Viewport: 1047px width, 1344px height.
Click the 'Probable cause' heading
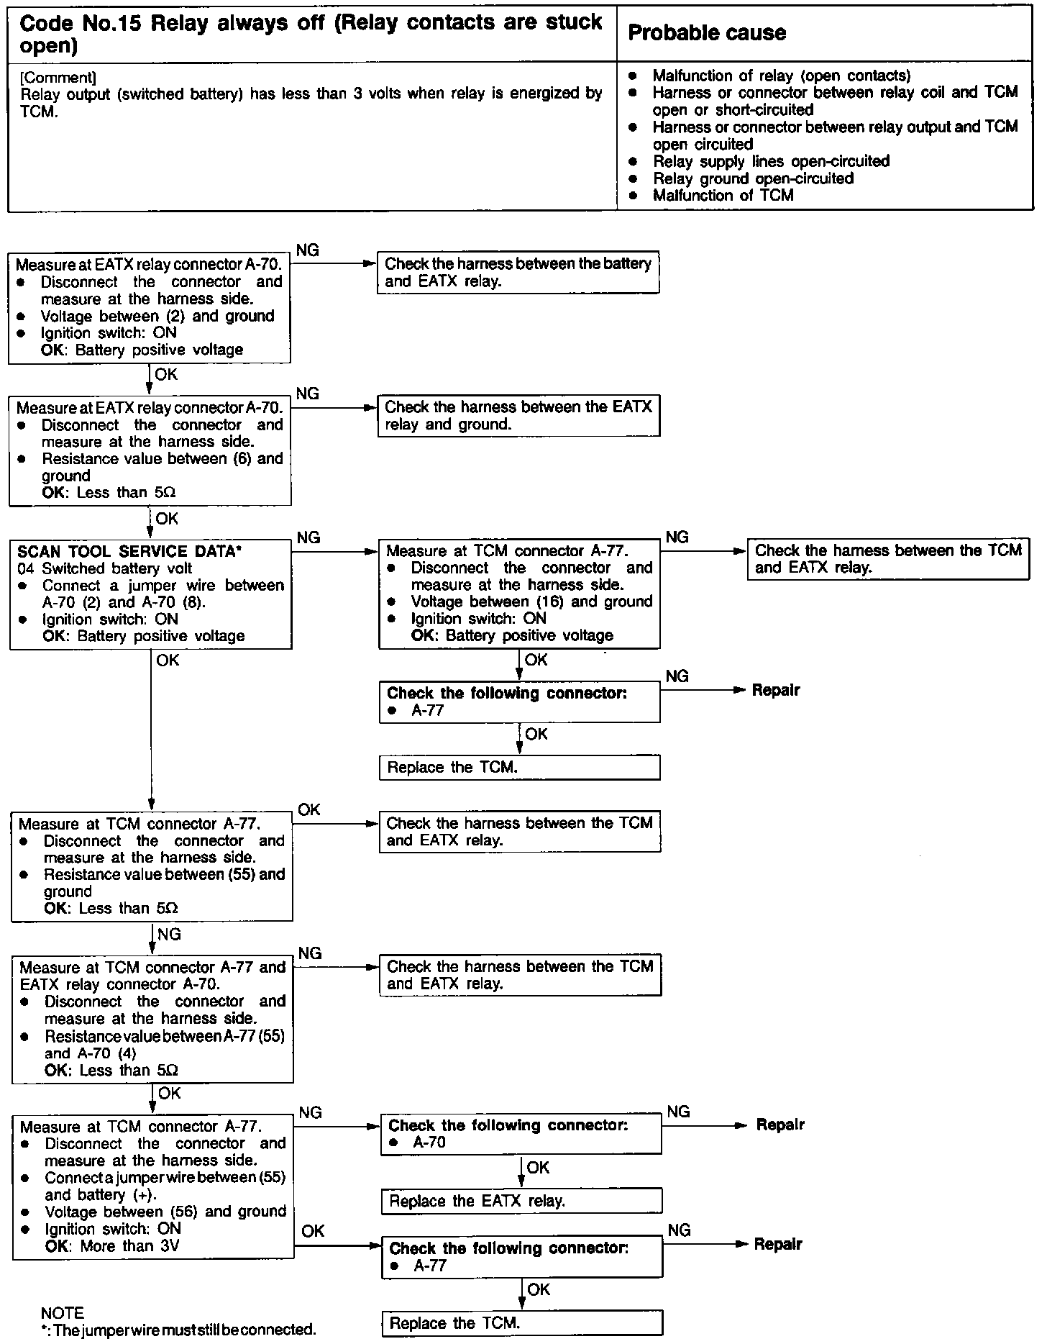point(706,33)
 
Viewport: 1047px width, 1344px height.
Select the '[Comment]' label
point(58,77)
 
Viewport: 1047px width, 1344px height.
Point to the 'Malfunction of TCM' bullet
point(723,196)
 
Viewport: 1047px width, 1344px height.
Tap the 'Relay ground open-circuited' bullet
point(753,178)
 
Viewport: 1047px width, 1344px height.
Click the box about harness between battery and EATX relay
point(518,273)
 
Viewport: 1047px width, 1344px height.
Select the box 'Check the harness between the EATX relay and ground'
point(518,416)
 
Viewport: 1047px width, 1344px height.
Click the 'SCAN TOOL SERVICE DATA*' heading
point(129,552)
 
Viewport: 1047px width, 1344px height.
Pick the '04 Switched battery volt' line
point(105,568)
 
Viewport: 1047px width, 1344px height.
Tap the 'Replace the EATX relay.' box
point(521,1201)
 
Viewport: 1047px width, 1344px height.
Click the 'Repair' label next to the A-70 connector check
point(779,1125)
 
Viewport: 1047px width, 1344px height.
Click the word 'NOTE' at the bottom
point(63,1313)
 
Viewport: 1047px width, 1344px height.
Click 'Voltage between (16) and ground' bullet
point(531,601)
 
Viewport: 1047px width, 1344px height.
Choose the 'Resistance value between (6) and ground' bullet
point(163,467)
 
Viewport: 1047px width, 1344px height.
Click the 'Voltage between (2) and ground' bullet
point(157,316)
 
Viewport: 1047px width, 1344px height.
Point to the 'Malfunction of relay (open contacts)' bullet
point(782,76)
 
